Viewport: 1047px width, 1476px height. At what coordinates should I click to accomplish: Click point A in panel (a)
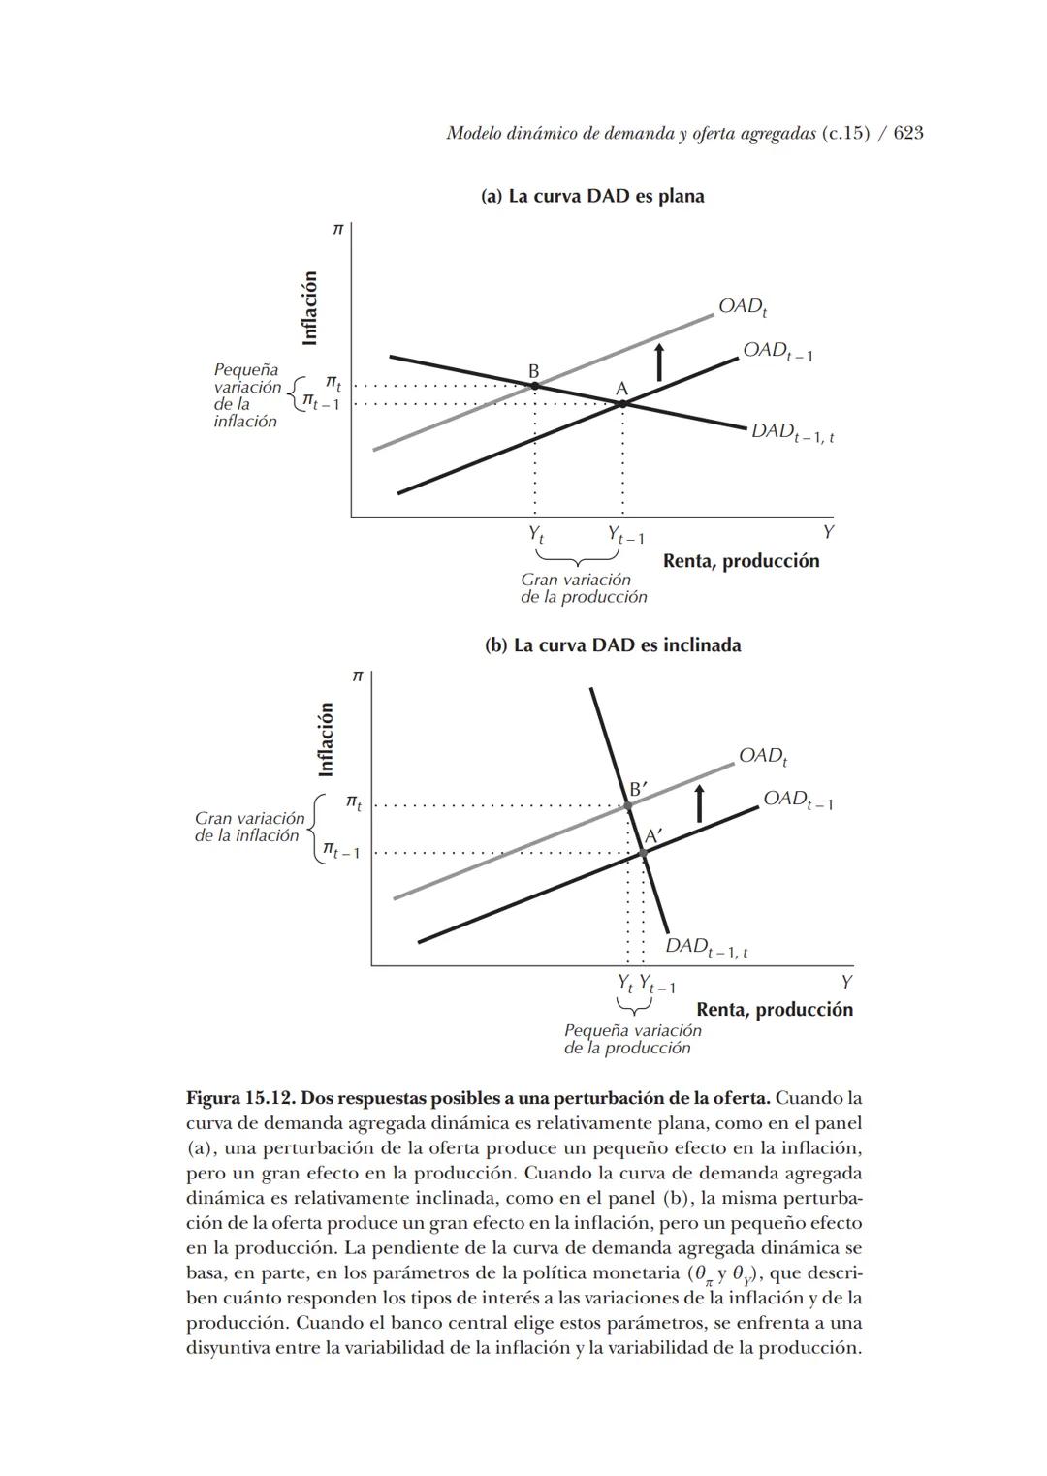tap(622, 402)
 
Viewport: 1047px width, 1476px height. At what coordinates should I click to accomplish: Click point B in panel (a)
tap(534, 386)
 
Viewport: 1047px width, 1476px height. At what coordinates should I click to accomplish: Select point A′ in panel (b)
tap(643, 853)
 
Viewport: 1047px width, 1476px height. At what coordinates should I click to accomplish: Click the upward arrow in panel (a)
tap(659, 361)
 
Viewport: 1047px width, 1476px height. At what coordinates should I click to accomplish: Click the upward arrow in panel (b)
tap(698, 804)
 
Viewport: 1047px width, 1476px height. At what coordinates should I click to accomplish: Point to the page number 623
tap(908, 133)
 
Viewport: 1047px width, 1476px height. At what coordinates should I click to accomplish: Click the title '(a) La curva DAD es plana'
tap(592, 196)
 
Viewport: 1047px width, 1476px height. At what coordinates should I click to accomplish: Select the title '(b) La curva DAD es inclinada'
tap(613, 645)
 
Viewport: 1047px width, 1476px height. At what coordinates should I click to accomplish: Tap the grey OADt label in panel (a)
tap(743, 307)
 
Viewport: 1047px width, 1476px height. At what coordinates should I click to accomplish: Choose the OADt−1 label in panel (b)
tap(797, 800)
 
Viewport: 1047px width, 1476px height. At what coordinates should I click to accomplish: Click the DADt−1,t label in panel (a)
tap(792, 432)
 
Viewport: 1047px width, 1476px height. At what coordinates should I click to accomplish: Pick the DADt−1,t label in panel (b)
tap(706, 947)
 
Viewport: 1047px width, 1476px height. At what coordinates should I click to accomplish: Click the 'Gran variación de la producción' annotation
tap(583, 588)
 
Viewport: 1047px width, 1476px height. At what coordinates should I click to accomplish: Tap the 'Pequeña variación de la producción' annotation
tap(632, 1039)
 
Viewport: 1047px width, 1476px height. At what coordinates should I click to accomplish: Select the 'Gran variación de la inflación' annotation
tap(248, 827)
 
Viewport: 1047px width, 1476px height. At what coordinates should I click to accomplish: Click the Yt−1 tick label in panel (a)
tap(625, 535)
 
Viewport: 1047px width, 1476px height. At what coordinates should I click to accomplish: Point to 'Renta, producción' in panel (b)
tap(775, 1009)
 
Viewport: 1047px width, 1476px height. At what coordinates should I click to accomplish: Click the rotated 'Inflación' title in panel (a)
tap(310, 308)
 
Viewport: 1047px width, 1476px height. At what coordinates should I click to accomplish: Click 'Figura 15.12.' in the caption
tap(240, 1099)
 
